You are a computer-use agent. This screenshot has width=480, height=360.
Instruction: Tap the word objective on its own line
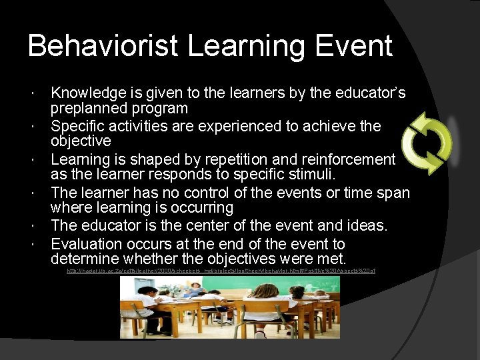[x=81, y=141]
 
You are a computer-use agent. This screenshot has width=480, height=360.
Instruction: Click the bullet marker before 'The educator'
[x=42, y=226]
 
